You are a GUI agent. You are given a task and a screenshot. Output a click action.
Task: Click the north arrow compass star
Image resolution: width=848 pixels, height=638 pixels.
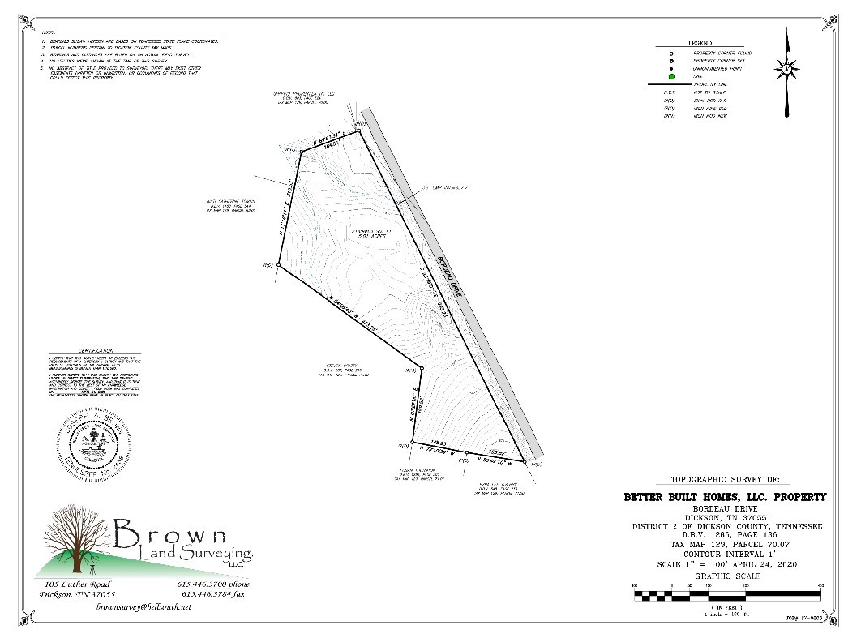tap(786, 68)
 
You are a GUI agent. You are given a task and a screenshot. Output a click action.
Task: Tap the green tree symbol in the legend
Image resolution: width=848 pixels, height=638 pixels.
tap(671, 77)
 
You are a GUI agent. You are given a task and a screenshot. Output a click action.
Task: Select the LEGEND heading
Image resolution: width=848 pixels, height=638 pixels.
tap(700, 43)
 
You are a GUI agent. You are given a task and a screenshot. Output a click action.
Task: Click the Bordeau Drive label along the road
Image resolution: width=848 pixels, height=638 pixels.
tap(449, 277)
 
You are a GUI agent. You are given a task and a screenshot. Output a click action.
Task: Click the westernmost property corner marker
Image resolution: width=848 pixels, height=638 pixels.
tap(279, 265)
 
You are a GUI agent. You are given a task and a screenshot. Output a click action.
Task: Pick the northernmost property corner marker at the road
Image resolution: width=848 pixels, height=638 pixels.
tap(358, 129)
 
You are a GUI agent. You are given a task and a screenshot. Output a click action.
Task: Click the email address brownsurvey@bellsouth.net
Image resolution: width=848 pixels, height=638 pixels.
tap(143, 606)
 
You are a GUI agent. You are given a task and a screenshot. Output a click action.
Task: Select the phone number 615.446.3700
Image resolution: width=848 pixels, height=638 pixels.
tap(212, 584)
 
